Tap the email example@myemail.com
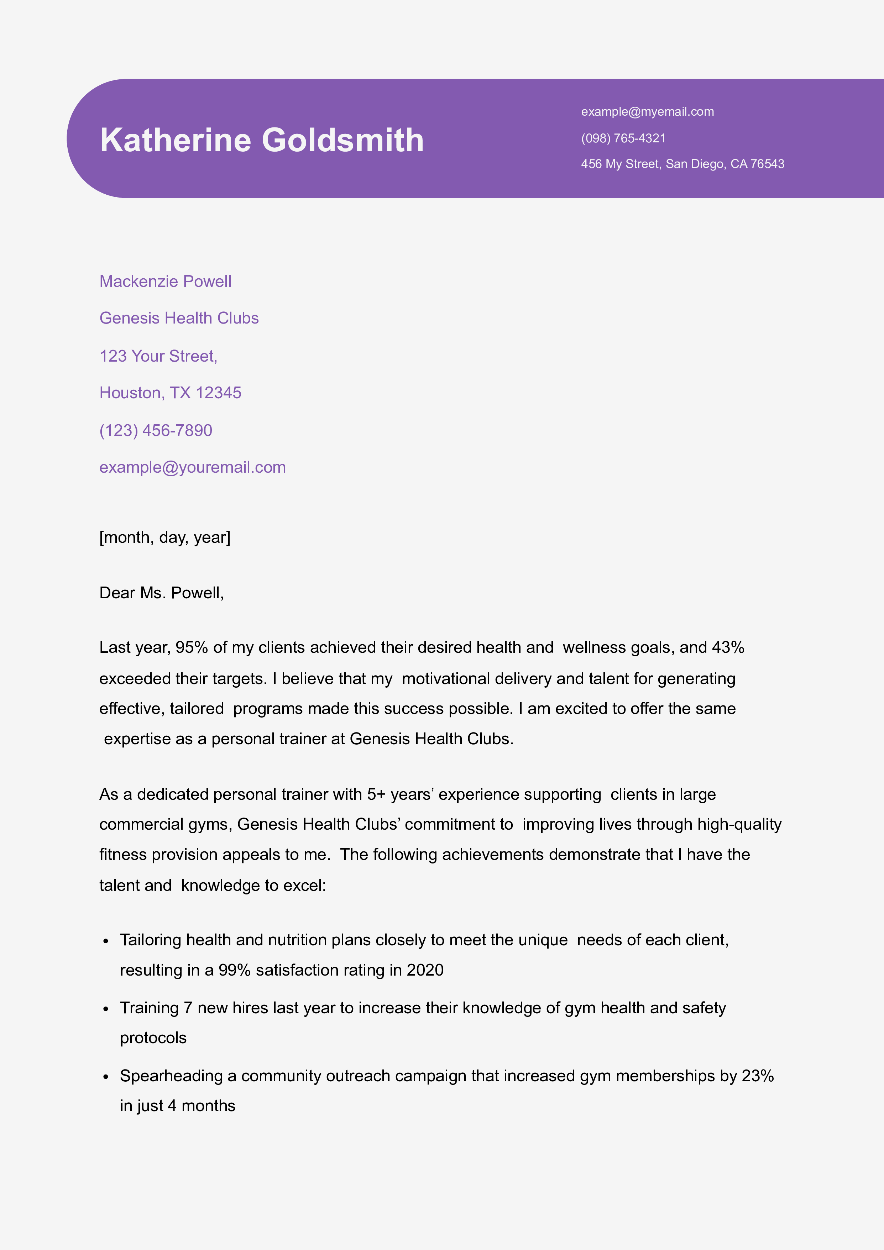647,112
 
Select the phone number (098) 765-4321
623,138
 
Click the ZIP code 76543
767,164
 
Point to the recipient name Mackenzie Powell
165,282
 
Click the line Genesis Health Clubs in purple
179,318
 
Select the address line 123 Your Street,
158,356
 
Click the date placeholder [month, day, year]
164,537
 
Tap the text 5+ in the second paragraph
376,794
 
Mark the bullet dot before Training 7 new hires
106,1009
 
